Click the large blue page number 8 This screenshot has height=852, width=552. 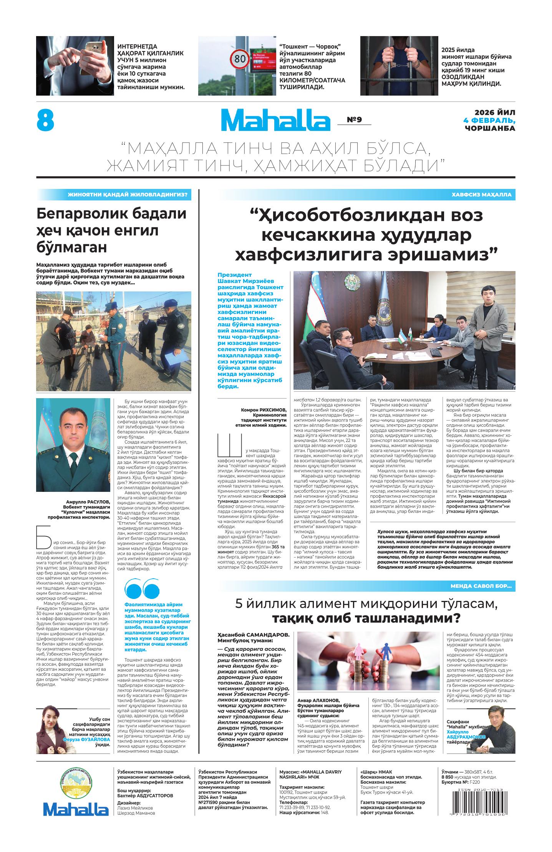[x=45, y=120]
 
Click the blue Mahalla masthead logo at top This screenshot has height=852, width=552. [x=275, y=120]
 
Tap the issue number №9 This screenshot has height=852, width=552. [x=354, y=120]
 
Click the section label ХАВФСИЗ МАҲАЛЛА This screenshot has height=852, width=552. [x=481, y=195]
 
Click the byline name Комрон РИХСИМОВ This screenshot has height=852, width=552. [x=264, y=410]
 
